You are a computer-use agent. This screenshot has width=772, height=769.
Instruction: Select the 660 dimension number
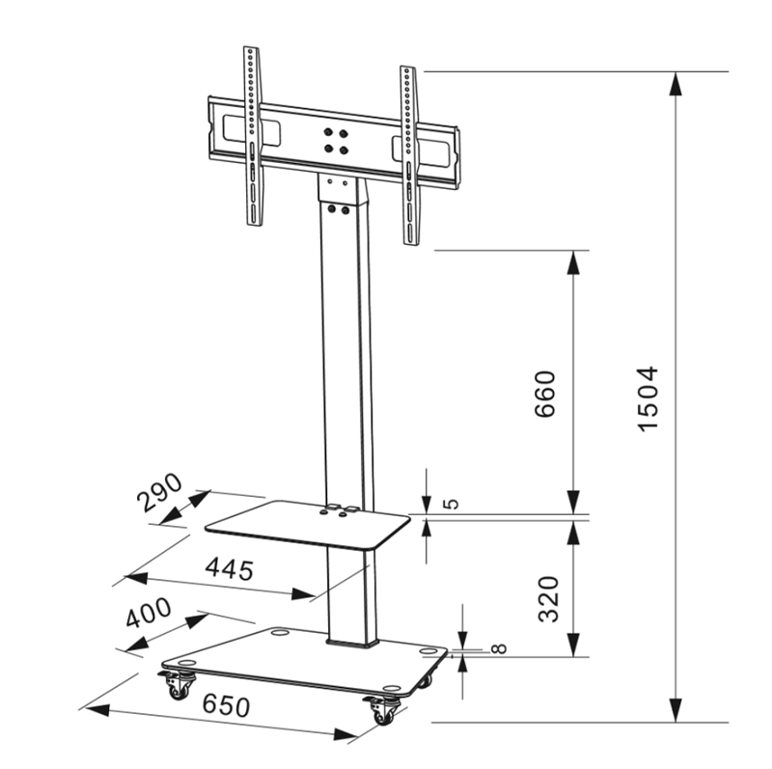[545, 393]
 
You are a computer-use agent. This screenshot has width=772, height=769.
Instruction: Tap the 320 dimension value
[548, 598]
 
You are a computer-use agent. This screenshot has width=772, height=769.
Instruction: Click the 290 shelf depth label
[159, 491]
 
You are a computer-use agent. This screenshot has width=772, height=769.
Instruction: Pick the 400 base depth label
[147, 615]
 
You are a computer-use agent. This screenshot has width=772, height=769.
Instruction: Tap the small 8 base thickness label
[497, 649]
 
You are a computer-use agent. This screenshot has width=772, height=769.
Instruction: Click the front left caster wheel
[179, 688]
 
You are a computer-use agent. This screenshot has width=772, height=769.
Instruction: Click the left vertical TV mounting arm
[252, 135]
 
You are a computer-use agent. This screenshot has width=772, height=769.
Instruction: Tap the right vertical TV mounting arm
[409, 154]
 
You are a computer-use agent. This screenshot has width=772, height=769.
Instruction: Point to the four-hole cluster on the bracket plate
[335, 141]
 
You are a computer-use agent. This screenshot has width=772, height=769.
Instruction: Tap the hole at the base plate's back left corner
[279, 634]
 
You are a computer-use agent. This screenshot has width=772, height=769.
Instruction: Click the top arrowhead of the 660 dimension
[574, 262]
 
